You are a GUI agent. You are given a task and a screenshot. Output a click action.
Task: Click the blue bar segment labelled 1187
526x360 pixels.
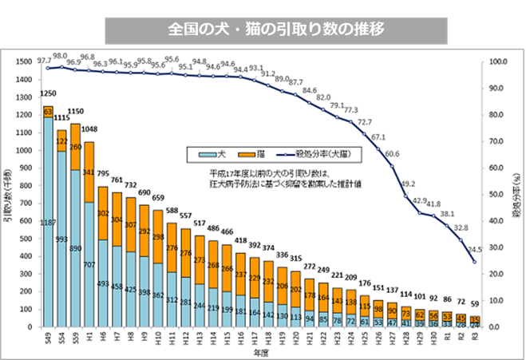48,221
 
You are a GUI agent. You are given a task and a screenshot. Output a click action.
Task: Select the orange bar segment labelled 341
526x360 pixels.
88,171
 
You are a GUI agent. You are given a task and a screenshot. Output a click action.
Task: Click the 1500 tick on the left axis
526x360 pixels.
24,61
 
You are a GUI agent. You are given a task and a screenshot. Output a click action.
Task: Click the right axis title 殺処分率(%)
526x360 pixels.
518,194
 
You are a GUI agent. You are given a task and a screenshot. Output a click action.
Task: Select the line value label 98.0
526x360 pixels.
59,57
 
